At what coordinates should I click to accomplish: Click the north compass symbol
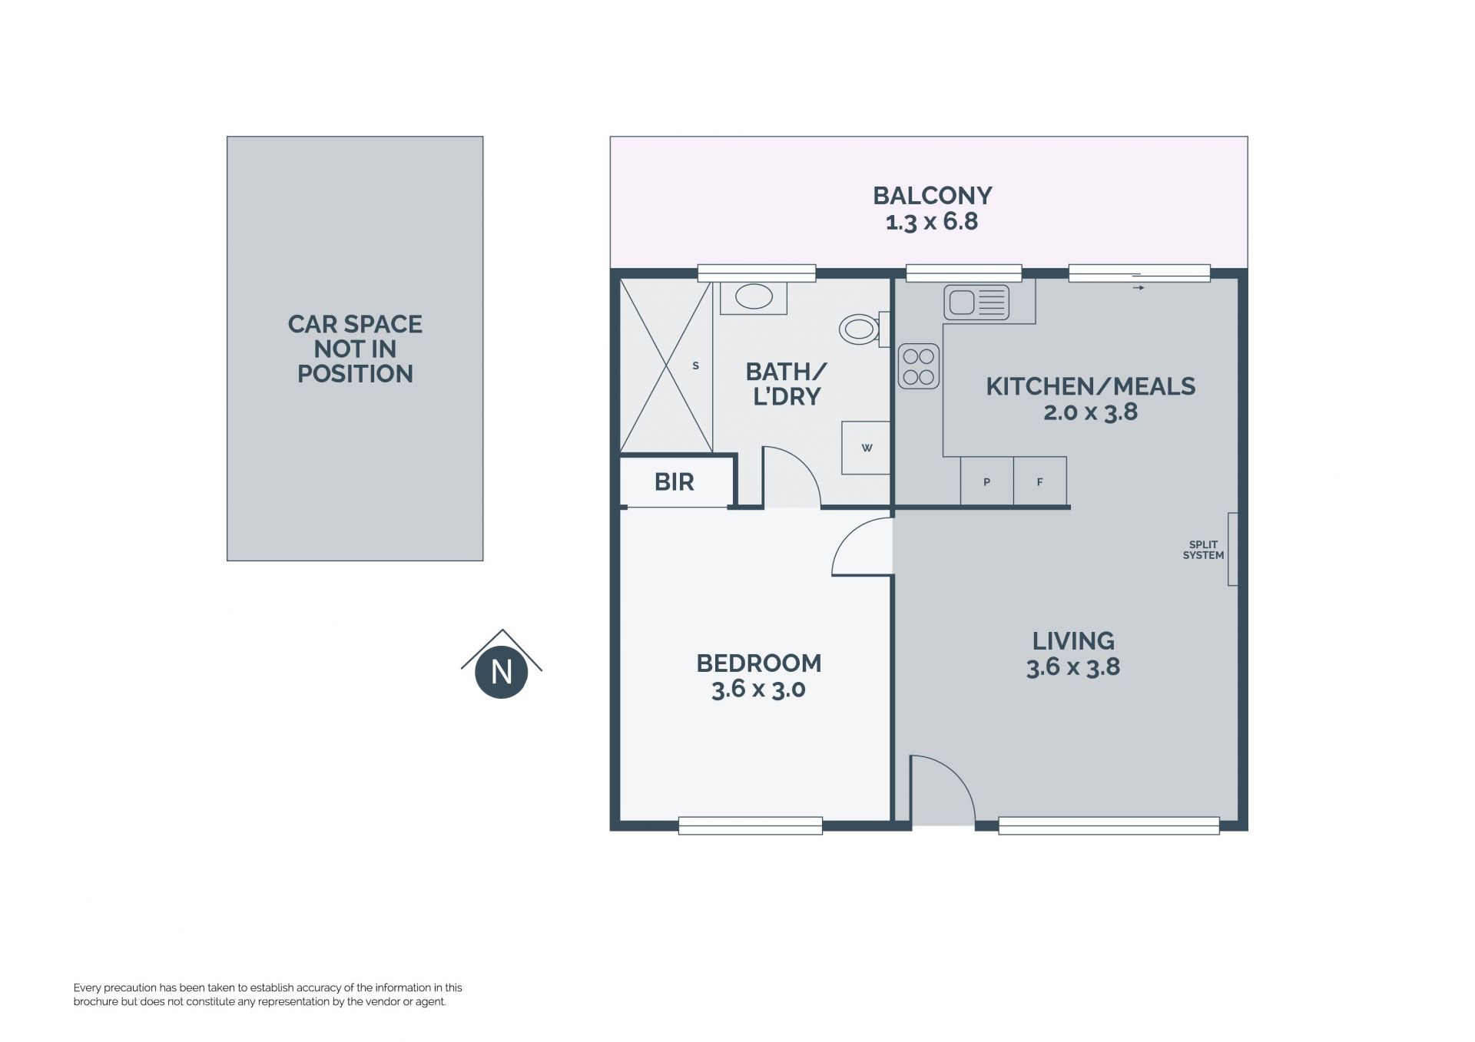coord(502,665)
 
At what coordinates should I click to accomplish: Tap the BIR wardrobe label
coord(674,482)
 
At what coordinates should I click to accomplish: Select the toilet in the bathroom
coord(863,329)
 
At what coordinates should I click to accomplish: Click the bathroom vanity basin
coord(754,296)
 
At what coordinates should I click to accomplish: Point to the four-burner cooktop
coord(919,366)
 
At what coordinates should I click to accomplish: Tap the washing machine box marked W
coord(866,448)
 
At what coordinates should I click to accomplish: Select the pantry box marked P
coord(986,481)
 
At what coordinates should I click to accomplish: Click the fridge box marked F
coord(1040,481)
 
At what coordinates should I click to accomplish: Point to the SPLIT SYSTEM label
coord(1203,550)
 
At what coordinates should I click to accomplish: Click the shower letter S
coord(695,366)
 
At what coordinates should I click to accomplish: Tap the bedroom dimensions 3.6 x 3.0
coord(758,689)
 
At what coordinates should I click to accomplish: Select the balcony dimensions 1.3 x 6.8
coord(932,222)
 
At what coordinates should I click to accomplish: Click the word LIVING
coord(1073,640)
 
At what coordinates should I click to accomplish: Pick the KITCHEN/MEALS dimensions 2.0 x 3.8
coord(1090,412)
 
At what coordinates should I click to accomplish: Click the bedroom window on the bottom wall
coord(751,825)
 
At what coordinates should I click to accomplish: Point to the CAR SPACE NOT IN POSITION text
coord(355,349)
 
